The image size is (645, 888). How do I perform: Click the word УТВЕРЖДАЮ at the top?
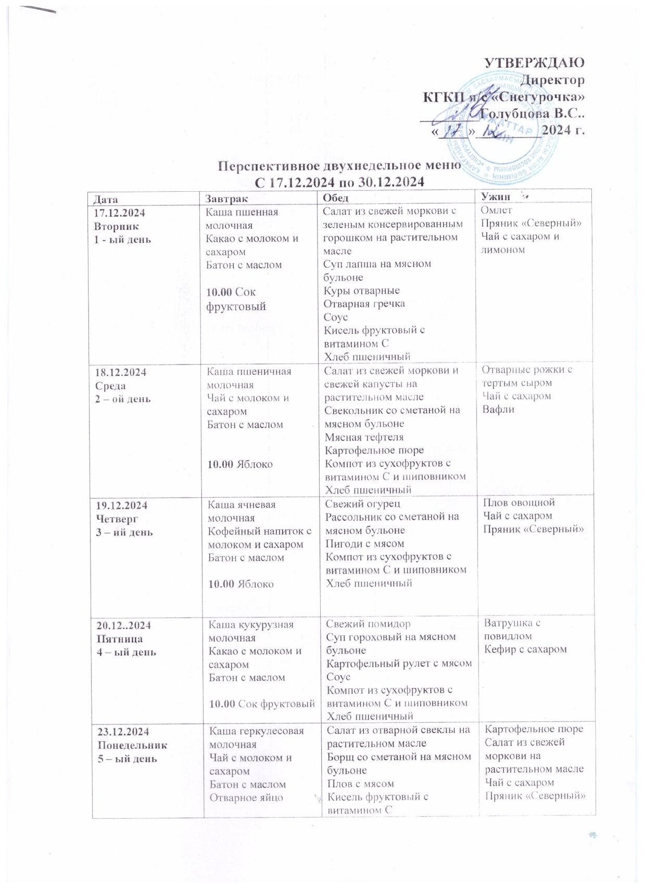(x=534, y=63)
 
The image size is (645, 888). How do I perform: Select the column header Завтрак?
(x=223, y=199)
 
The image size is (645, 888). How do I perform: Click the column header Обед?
(x=335, y=198)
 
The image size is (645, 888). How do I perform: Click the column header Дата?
(x=106, y=199)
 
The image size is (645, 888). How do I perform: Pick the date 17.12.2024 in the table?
(x=119, y=213)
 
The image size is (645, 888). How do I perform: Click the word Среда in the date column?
(x=110, y=386)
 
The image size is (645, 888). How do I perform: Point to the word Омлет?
(x=496, y=210)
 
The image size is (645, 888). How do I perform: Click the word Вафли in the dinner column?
(x=498, y=409)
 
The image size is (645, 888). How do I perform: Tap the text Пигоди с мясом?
(x=364, y=544)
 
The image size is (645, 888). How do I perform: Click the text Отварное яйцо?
(x=246, y=797)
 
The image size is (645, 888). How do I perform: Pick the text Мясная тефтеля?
(x=364, y=437)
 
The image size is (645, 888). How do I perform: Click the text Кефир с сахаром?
(x=525, y=649)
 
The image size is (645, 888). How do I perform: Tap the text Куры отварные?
(x=361, y=291)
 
